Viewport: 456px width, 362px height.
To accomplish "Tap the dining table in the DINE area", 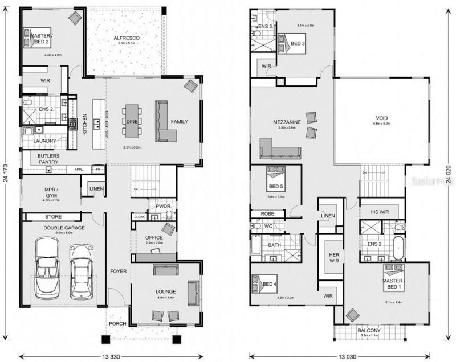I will (x=131, y=121).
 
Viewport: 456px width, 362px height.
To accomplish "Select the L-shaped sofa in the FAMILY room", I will (x=165, y=122).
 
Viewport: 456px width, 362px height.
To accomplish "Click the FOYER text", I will (x=118, y=271).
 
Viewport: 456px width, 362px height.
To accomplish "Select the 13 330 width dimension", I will (x=112, y=356).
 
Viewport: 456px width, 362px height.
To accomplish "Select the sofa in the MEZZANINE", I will (x=280, y=149).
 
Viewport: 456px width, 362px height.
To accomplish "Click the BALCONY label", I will (x=369, y=330).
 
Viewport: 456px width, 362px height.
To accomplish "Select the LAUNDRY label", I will (x=45, y=141).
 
